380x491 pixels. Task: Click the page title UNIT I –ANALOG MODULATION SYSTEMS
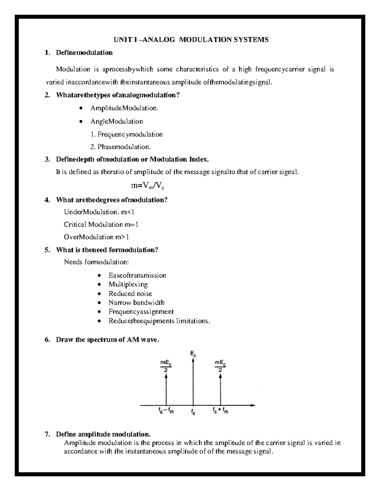[x=191, y=40]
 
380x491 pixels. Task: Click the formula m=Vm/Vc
[x=148, y=186]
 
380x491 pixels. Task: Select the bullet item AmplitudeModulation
[x=124, y=108]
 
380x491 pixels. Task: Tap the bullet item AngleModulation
[x=117, y=121]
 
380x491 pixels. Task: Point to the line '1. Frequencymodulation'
[x=126, y=134]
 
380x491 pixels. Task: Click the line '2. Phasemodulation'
[x=120, y=147]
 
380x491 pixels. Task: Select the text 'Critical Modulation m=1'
[x=101, y=224]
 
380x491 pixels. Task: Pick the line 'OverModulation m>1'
[x=96, y=237]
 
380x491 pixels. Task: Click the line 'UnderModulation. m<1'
[x=100, y=212]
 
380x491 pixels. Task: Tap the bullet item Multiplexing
[x=128, y=285]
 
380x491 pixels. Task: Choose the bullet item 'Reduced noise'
[x=130, y=294]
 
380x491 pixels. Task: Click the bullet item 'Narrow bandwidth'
[x=136, y=303]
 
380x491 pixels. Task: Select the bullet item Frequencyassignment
[x=141, y=312]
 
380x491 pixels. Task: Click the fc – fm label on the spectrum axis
[x=166, y=411]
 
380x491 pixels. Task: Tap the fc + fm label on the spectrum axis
[x=220, y=411]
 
